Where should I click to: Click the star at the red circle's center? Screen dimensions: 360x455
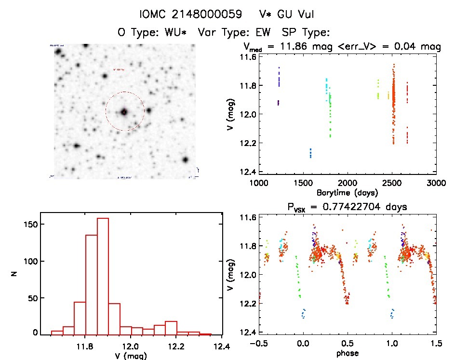(124, 112)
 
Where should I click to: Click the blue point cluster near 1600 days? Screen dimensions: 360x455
(310, 153)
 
